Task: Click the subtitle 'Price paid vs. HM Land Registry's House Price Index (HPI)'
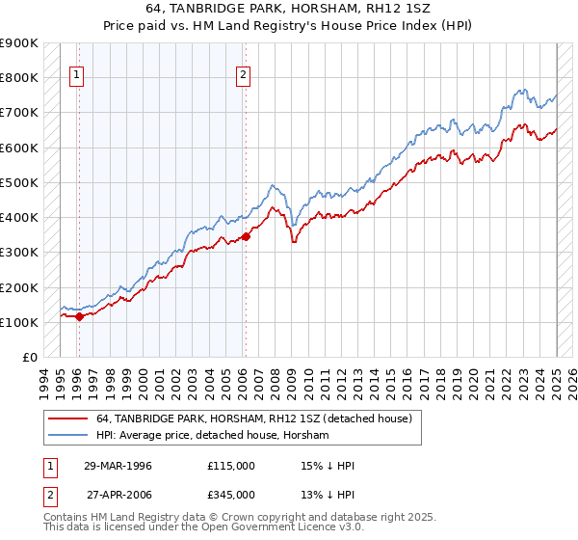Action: pyautogui.click(x=289, y=27)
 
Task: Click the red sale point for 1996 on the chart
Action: pyautogui.click(x=79, y=316)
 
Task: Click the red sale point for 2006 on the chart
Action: pyautogui.click(x=246, y=236)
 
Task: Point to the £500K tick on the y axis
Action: pyautogui.click(x=19, y=182)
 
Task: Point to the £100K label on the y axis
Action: pyautogui.click(x=19, y=322)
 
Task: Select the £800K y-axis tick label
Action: pyautogui.click(x=19, y=77)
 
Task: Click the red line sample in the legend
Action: pyautogui.click(x=68, y=418)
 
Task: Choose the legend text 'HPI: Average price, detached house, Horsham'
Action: pyautogui.click(x=213, y=435)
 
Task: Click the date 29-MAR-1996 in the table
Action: pyautogui.click(x=118, y=466)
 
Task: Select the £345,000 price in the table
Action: pyautogui.click(x=231, y=494)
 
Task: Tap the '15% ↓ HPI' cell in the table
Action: pyautogui.click(x=328, y=466)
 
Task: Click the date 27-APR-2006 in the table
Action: pyautogui.click(x=118, y=494)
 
